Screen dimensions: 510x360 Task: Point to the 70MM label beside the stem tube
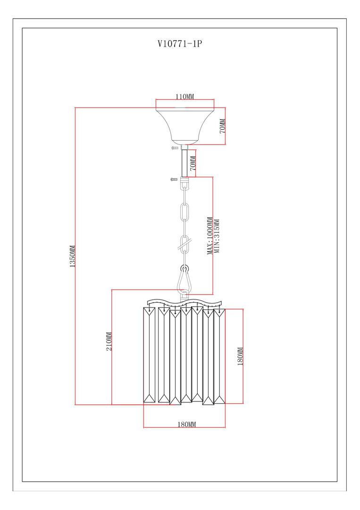[x=193, y=163]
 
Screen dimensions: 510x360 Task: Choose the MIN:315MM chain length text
[x=217, y=236]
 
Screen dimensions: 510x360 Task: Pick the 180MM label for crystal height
[x=240, y=357]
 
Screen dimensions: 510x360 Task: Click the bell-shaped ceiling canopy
[x=185, y=124]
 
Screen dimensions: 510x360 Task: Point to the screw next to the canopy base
[x=175, y=148]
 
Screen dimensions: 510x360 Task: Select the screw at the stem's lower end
[x=174, y=179]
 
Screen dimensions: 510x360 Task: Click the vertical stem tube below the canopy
[x=184, y=163]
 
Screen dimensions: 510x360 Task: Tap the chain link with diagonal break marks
[x=185, y=245]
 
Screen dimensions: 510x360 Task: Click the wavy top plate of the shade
[x=184, y=302]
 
